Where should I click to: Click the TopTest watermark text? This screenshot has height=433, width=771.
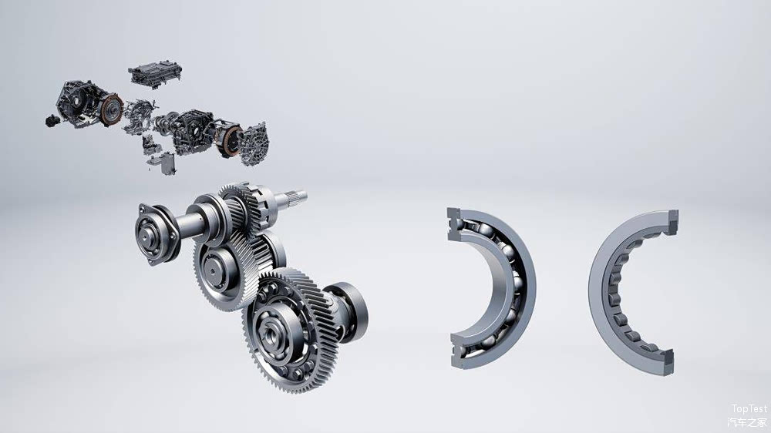click(x=749, y=409)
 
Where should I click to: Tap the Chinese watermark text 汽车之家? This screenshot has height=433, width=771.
click(x=748, y=422)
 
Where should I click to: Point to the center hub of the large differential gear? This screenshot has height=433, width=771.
click(x=272, y=334)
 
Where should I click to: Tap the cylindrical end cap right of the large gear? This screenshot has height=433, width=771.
click(x=351, y=312)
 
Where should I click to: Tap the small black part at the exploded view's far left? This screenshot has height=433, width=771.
click(x=52, y=120)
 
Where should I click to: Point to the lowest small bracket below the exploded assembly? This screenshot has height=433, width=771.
click(x=161, y=163)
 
